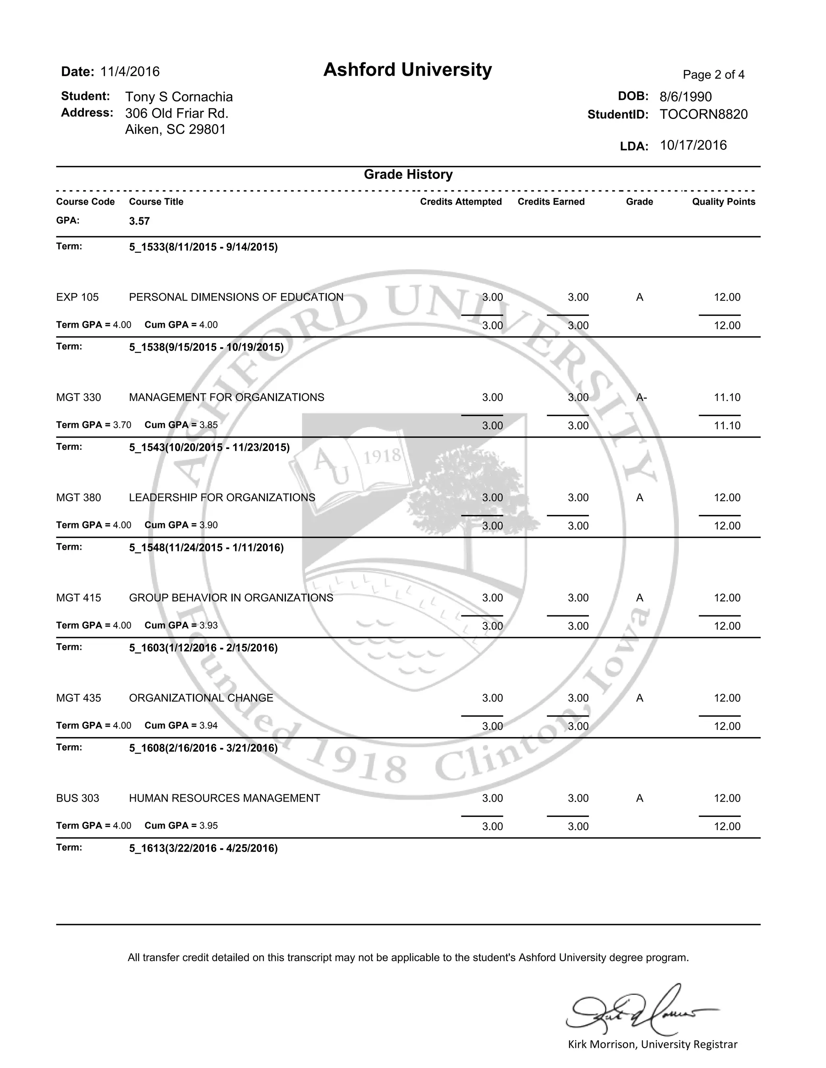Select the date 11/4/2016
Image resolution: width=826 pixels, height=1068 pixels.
point(130,72)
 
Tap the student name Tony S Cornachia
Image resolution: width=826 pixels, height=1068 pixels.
point(179,97)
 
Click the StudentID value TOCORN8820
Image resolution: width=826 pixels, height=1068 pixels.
point(703,114)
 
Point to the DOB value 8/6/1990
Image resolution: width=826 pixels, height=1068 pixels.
point(685,97)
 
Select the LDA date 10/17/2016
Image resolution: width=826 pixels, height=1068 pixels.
point(693,145)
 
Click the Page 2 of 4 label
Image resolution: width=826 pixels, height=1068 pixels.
point(713,75)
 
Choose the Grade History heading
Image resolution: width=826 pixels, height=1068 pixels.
point(408,175)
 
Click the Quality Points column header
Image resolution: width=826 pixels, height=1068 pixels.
point(723,202)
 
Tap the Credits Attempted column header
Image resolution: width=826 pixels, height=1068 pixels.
point(461,202)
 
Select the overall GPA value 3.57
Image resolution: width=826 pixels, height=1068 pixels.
point(140,221)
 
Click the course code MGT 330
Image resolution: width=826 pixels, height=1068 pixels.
point(78,397)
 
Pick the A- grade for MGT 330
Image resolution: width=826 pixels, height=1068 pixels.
point(641,397)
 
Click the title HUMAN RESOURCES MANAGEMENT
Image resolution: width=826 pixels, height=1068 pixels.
point(224,798)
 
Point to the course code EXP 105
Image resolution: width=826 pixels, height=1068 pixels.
point(77,297)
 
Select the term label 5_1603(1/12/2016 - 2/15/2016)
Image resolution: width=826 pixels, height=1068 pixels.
point(203,648)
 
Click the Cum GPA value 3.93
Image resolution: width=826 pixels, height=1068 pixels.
point(209,625)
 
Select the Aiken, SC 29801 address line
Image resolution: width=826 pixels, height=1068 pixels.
point(175,130)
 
